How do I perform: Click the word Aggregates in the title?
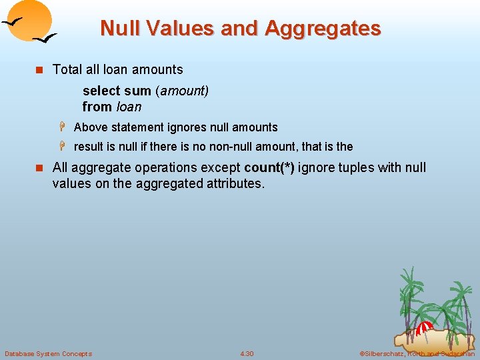(x=323, y=29)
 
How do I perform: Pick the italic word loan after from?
(x=129, y=107)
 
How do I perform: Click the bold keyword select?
(x=101, y=91)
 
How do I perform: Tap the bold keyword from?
(x=97, y=107)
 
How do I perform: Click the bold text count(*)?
(x=269, y=167)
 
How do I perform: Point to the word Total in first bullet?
(x=67, y=69)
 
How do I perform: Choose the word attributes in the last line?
(x=233, y=183)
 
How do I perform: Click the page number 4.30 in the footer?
(x=247, y=353)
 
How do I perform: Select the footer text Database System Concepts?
(x=48, y=353)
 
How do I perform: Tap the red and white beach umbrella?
(x=424, y=328)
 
